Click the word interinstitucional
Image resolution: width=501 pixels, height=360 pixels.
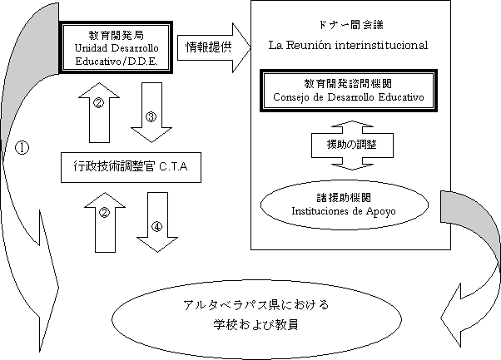(382, 44)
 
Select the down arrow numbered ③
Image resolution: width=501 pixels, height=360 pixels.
(151, 121)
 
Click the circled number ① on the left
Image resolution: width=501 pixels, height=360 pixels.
(22, 147)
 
